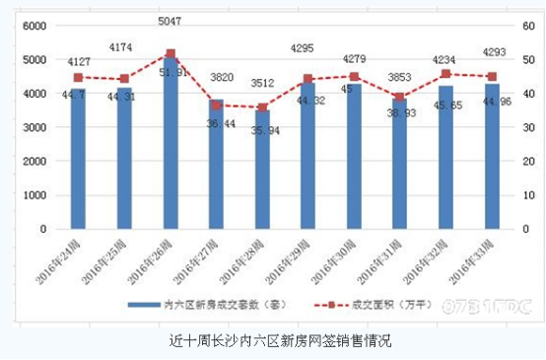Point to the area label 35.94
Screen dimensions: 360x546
(257, 130)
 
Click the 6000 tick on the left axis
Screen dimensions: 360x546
(34, 27)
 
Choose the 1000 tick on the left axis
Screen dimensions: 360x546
(34, 195)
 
